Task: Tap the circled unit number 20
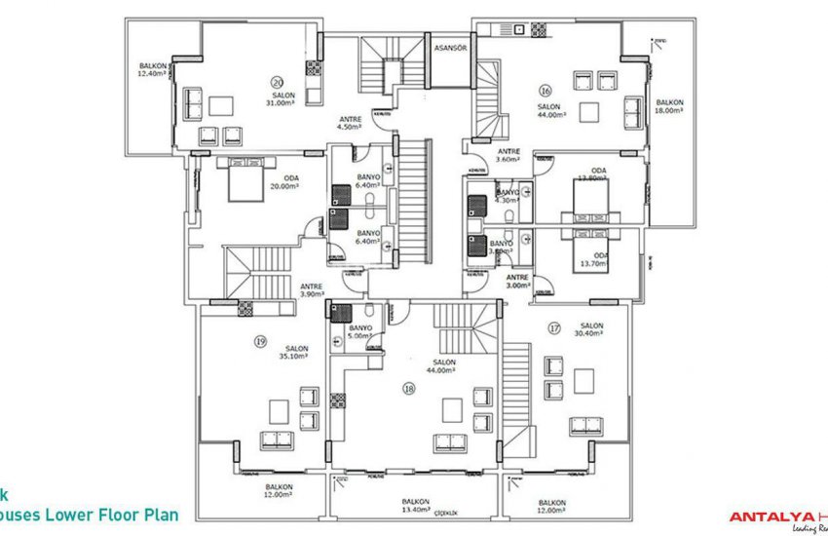point(277,81)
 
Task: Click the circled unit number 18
point(409,387)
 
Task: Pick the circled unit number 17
point(554,327)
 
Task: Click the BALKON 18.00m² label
point(669,106)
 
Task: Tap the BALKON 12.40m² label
point(153,69)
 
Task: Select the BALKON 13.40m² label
point(417,506)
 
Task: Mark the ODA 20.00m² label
point(284,181)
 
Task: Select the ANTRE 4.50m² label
point(349,122)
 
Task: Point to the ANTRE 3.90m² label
point(312,289)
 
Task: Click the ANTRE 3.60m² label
point(508,155)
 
